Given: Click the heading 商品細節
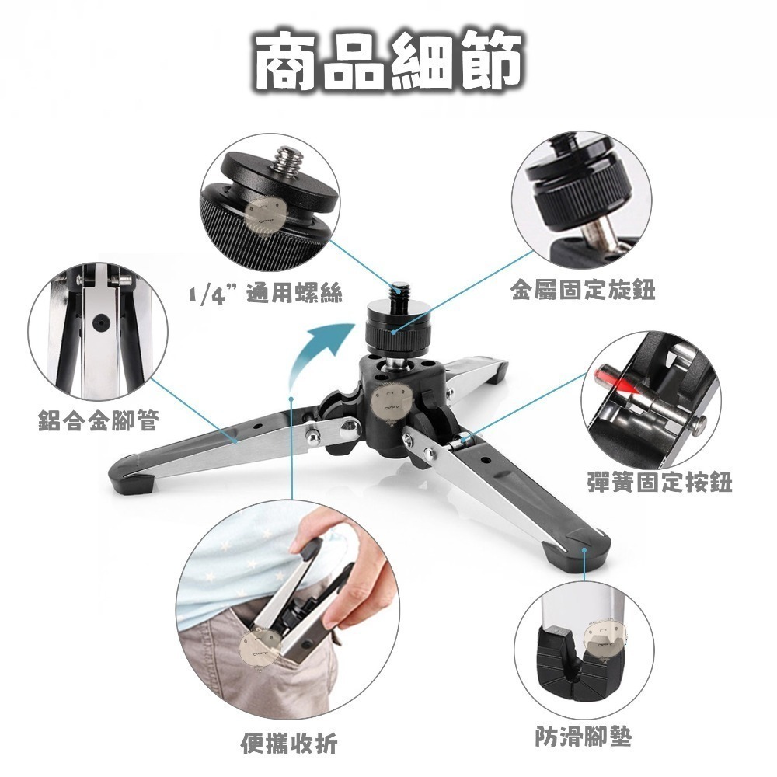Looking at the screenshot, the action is click(x=388, y=61).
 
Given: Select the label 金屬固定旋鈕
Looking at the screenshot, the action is click(x=583, y=290).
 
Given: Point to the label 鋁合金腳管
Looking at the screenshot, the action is click(x=98, y=420).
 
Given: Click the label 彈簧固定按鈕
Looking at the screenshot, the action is click(x=660, y=481).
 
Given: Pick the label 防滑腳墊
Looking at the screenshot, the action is click(x=584, y=737).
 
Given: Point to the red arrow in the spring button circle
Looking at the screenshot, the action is click(x=615, y=378).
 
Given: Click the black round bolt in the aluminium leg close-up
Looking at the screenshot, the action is click(x=101, y=323).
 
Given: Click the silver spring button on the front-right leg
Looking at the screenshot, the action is click(x=464, y=438).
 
